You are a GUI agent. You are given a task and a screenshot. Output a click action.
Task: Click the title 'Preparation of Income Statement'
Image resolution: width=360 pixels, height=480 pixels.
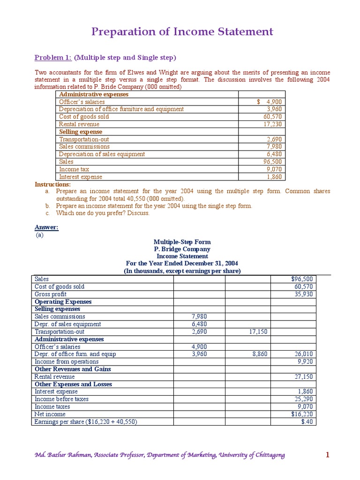[182, 32]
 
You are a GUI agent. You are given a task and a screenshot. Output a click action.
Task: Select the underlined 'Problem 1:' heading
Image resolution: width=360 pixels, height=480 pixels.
[53, 58]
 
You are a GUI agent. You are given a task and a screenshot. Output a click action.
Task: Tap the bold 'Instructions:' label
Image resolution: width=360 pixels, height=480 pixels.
[52, 184]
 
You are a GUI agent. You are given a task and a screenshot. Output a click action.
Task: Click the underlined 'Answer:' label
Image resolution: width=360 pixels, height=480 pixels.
[46, 227]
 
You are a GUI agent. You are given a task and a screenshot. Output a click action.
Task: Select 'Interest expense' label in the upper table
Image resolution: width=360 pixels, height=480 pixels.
[80, 177]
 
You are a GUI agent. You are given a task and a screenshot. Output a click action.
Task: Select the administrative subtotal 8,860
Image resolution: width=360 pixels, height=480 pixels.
[258, 354]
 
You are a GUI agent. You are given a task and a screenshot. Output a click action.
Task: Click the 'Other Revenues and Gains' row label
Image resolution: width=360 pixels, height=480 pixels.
[73, 369]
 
